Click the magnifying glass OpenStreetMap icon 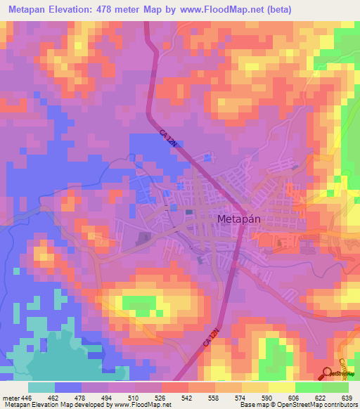pos(328,372)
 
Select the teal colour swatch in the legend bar pos(41,387)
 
